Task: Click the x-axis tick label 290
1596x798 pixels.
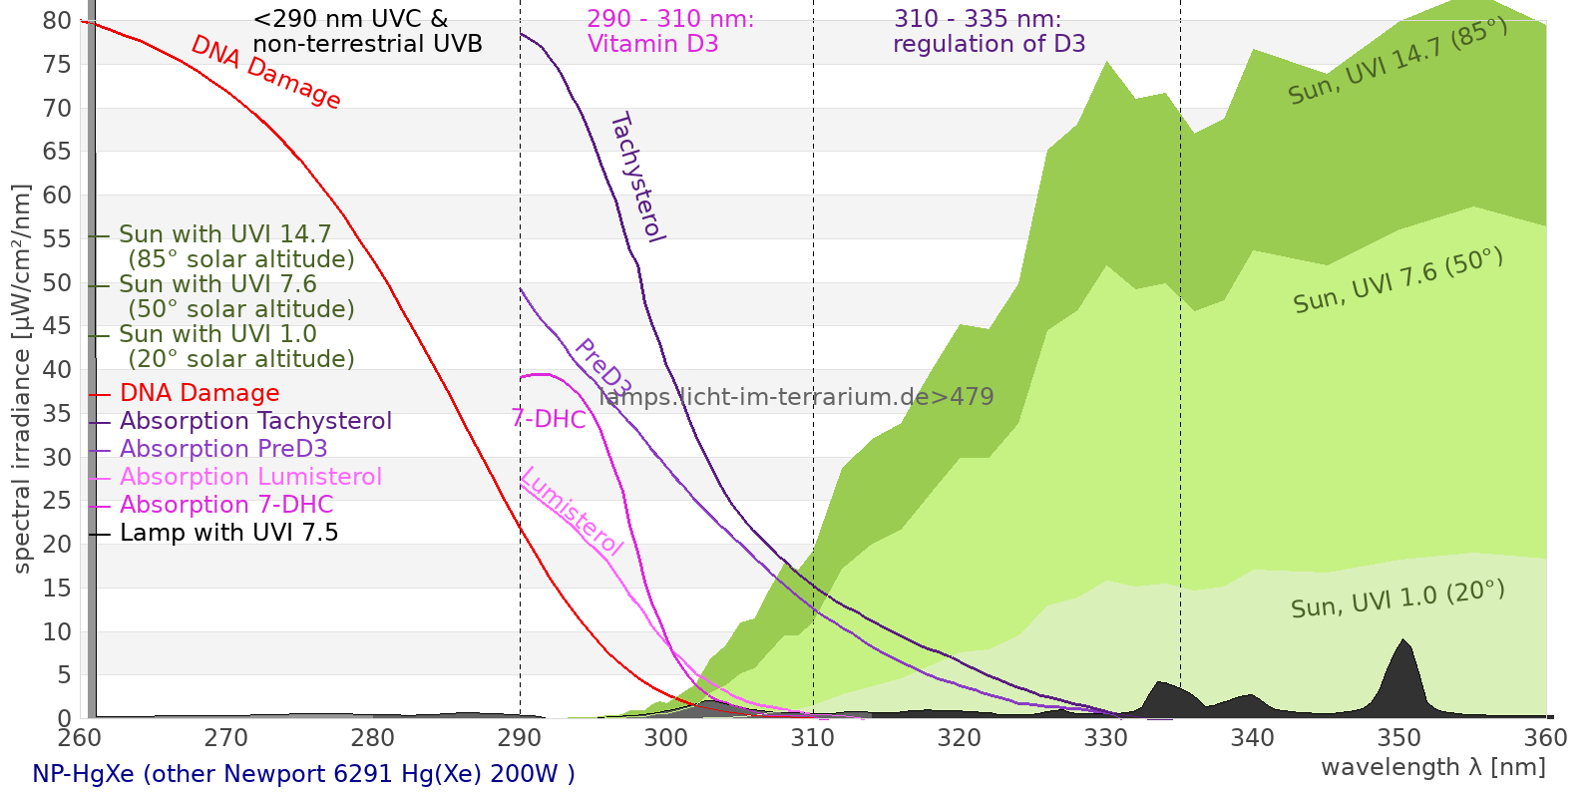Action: pyautogui.click(x=520, y=738)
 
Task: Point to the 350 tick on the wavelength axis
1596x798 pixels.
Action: pyautogui.click(x=1399, y=738)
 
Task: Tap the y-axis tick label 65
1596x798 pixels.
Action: pyautogui.click(x=57, y=152)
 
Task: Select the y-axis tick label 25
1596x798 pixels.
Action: pyautogui.click(x=57, y=501)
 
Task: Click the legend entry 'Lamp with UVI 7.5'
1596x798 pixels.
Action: pyautogui.click(x=228, y=533)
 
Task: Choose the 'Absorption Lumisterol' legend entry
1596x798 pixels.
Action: pyautogui.click(x=250, y=477)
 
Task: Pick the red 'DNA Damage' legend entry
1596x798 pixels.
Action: pyautogui.click(x=199, y=393)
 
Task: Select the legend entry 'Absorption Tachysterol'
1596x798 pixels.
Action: pyautogui.click(x=255, y=421)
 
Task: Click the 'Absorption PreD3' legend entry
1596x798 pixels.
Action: pyautogui.click(x=223, y=449)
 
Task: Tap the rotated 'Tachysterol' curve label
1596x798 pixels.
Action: pyautogui.click(x=636, y=178)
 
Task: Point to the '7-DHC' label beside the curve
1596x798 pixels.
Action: pyautogui.click(x=549, y=419)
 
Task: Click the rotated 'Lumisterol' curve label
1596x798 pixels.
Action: pyautogui.click(x=572, y=511)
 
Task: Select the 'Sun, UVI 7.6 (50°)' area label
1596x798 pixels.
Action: pyautogui.click(x=1397, y=282)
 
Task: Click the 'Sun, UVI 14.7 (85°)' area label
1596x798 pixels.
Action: pyautogui.click(x=1397, y=62)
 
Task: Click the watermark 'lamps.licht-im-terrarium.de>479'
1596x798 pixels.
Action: pyautogui.click(x=796, y=397)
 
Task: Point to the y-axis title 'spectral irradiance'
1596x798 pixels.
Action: pyautogui.click(x=22, y=379)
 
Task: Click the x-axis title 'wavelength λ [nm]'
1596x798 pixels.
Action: pyautogui.click(x=1432, y=767)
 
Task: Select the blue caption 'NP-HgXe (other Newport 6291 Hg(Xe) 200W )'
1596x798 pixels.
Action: pyautogui.click(x=303, y=774)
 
